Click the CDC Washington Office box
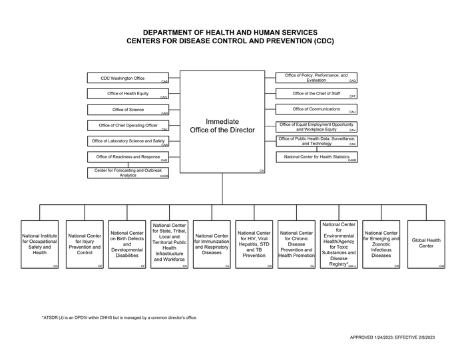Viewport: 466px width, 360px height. click(128, 79)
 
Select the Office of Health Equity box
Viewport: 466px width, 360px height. click(128, 94)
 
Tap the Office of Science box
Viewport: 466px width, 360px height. click(128, 110)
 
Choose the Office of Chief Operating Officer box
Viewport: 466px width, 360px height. click(128, 125)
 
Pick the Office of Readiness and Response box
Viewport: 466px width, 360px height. click(128, 157)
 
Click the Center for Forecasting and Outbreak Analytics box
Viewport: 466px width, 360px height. click(128, 173)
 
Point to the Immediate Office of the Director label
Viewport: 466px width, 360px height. click(222, 126)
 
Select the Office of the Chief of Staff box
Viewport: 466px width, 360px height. click(316, 94)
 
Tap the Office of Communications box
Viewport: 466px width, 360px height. click(316, 109)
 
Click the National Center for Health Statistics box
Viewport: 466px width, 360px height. click(316, 157)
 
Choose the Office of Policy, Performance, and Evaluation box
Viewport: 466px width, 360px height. click(316, 78)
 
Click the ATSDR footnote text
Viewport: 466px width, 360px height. click(120, 317)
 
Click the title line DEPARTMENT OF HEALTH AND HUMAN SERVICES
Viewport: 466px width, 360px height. click(230, 33)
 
